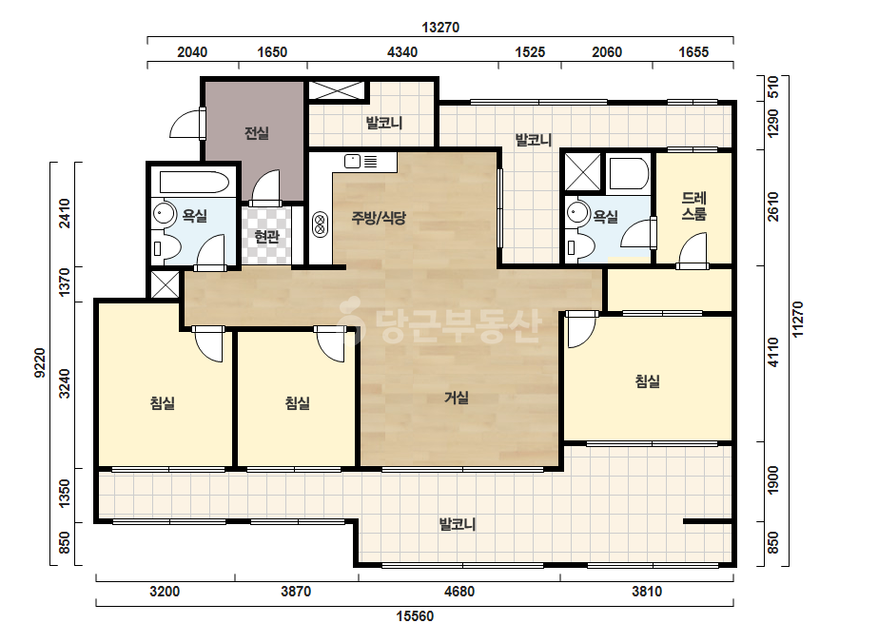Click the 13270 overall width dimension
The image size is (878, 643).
[440, 28]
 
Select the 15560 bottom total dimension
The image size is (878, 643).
[415, 616]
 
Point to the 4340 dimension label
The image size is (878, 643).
[402, 52]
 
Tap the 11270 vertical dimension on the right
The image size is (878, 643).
[798, 320]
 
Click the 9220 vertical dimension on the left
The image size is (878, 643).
[40, 362]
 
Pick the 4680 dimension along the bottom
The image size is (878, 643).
[459, 592]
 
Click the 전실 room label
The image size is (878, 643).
[257, 133]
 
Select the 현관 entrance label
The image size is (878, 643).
[266, 237]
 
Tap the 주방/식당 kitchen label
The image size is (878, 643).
[379, 217]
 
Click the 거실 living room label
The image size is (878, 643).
[457, 398]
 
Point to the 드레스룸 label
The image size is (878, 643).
[694, 205]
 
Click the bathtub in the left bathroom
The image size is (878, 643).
[194, 182]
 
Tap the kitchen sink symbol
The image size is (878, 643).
[352, 162]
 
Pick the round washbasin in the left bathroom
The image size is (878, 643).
[164, 213]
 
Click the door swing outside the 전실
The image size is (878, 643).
[185, 124]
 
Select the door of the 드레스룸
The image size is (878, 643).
[693, 251]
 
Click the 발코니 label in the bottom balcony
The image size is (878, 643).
[458, 524]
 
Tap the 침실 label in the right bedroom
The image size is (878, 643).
[647, 381]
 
